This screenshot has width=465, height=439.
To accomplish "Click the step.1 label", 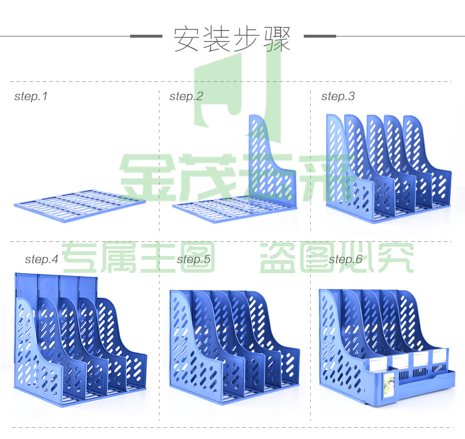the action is point(31,97).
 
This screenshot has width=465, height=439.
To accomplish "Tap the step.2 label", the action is point(186,97).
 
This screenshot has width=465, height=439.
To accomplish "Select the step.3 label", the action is point(338,97).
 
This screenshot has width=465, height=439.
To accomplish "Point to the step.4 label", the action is point(42,260).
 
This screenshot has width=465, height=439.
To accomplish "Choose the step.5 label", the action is point(193,260).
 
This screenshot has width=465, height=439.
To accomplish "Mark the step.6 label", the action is point(345,260).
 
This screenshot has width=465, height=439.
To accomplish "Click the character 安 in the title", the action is point(186,39).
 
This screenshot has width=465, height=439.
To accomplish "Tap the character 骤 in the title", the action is point(277,39).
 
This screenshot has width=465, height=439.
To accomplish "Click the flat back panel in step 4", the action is point(56,288).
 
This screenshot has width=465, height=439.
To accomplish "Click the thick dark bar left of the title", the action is point(146,36).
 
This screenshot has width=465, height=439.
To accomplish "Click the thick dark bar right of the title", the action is point(320,36).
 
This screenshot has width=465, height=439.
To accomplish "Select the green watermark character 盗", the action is point(277,257).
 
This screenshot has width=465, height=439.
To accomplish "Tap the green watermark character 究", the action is point(397,257).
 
